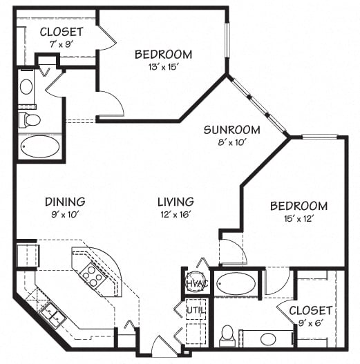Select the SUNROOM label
(x=231, y=130)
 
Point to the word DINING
(x=65, y=202)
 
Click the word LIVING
(x=175, y=202)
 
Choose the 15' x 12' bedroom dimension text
(x=298, y=219)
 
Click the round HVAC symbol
(x=193, y=283)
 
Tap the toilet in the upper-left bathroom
(x=30, y=120)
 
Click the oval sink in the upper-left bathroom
(x=26, y=87)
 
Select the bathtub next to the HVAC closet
(x=234, y=284)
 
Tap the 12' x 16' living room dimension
(x=175, y=214)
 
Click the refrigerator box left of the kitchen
(x=26, y=253)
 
